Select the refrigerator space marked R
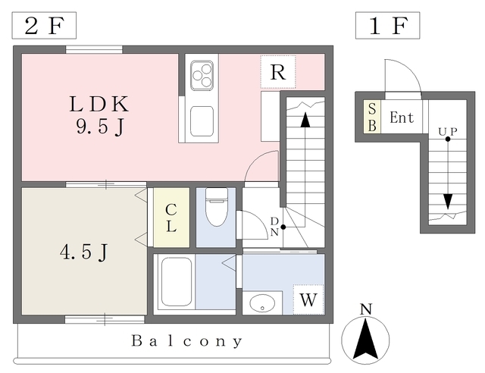pyautogui.click(x=278, y=74)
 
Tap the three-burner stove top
pyautogui.click(x=202, y=74)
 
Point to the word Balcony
pyautogui.click(x=186, y=341)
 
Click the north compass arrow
pyautogui.click(x=367, y=339)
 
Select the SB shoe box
pyautogui.click(x=371, y=117)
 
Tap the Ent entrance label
pyautogui.click(x=401, y=118)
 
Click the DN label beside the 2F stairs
pyautogui.click(x=274, y=226)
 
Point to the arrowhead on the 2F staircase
pyautogui.click(x=305, y=119)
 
